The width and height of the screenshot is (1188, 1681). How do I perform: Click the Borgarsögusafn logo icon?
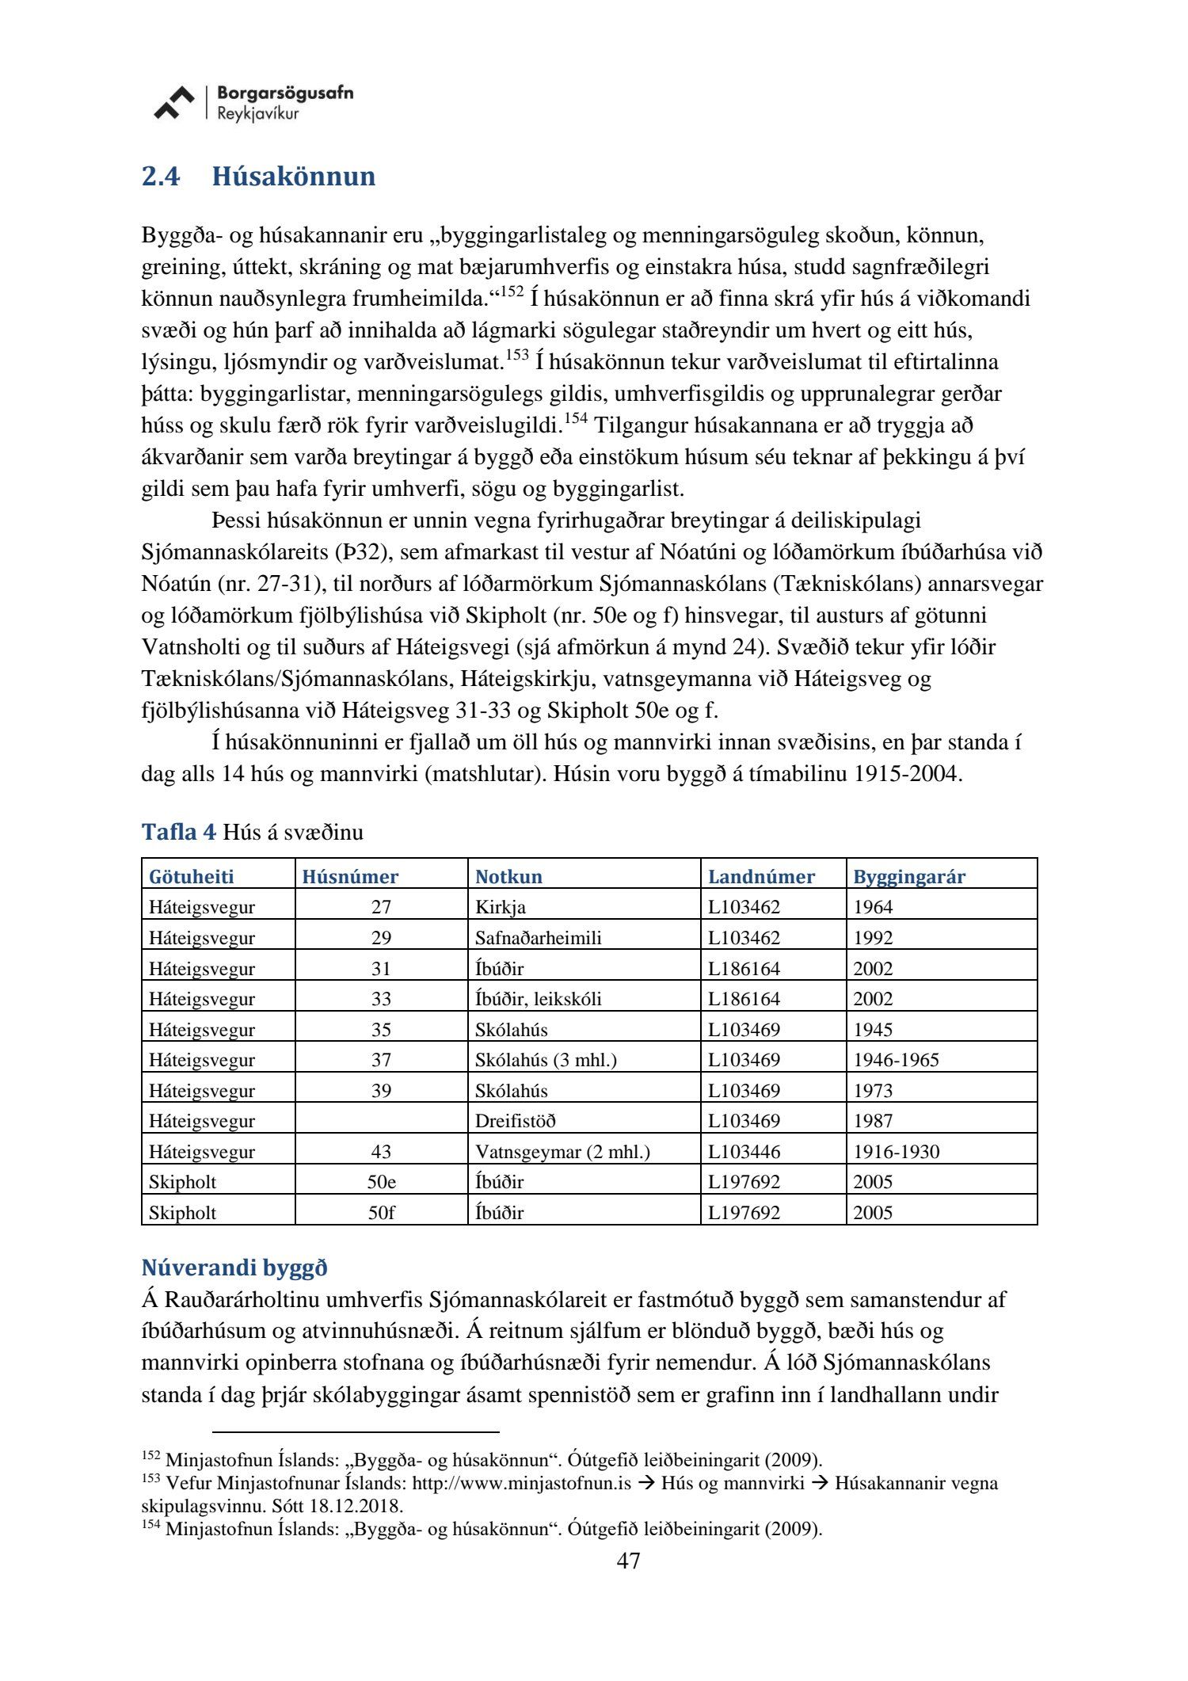pos(173,103)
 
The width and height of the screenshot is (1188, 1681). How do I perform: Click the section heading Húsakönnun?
pos(293,176)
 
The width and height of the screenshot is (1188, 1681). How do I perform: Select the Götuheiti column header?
pos(191,876)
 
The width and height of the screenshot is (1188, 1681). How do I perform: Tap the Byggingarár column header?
pos(908,876)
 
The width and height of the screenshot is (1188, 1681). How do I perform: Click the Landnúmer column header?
pos(760,876)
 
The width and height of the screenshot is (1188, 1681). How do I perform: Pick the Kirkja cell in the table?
pos(500,907)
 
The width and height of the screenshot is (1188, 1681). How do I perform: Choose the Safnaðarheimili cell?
pos(538,937)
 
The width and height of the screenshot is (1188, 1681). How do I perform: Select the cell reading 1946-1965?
pos(895,1059)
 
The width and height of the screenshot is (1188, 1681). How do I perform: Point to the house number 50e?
pos(381,1181)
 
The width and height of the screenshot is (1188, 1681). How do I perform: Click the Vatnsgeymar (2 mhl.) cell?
pos(562,1151)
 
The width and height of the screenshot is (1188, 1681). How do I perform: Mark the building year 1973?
pos(872,1090)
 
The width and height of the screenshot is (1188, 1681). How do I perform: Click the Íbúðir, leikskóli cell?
pos(538,998)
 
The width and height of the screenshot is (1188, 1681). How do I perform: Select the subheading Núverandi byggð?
pos(234,1267)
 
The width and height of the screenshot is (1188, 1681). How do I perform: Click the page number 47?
pos(628,1561)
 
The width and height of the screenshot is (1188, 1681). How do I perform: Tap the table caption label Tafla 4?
pos(178,832)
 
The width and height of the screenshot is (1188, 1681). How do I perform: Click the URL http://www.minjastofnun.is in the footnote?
pos(521,1483)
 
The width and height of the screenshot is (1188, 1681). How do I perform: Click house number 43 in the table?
pos(381,1151)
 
